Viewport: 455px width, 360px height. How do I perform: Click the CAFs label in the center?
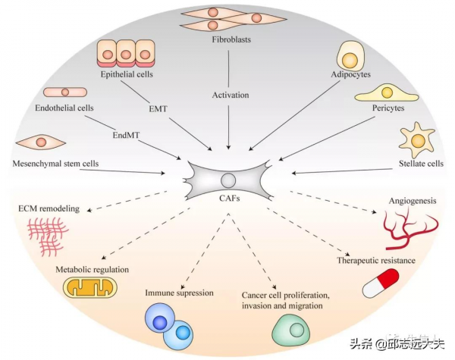pyautogui.click(x=227, y=201)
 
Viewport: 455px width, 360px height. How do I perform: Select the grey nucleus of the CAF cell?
pyautogui.click(x=227, y=180)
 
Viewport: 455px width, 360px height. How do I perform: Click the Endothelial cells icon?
pyautogui.click(x=64, y=92)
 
